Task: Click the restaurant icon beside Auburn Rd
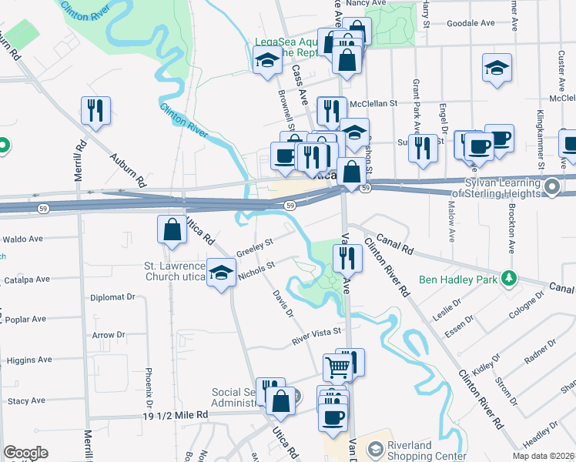pyautogui.click(x=95, y=111)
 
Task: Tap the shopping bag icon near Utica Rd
pyautogui.click(x=171, y=230)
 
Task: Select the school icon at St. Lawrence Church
pyautogui.click(x=222, y=273)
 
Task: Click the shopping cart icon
pyautogui.click(x=338, y=368)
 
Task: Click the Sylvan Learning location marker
pyautogui.click(x=551, y=187)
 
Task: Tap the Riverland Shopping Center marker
pyautogui.click(x=374, y=448)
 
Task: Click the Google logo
pyautogui.click(x=25, y=453)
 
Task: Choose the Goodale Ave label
pyautogui.click(x=468, y=24)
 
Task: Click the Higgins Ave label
pyautogui.click(x=29, y=360)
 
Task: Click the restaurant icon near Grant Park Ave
pyautogui.click(x=422, y=147)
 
